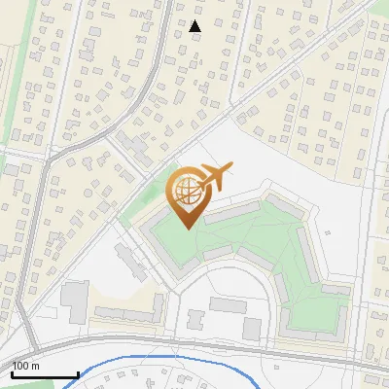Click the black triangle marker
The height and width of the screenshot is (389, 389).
coord(195,26)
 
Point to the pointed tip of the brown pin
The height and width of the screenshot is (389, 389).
coord(187,228)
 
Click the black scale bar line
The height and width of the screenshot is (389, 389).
coord(44,374)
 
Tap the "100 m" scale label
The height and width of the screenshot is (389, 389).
coord(25,366)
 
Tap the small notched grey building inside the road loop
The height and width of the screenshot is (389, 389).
coord(195,320)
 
